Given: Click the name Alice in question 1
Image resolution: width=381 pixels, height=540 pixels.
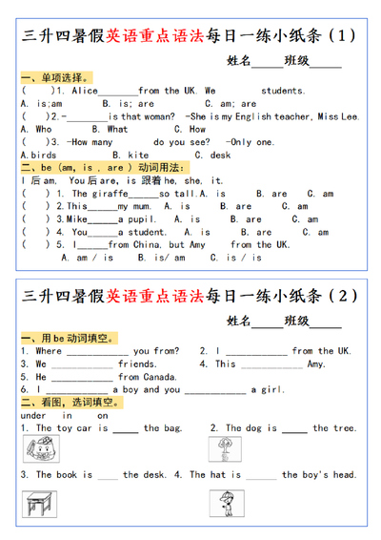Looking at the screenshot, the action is pos(86,91).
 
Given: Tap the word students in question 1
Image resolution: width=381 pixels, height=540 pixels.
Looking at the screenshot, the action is pos(283,91).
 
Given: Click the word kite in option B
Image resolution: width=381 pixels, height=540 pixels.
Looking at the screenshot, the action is pos(137,155).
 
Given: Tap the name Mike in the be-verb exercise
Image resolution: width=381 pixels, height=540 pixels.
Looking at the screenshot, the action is pos(76,218).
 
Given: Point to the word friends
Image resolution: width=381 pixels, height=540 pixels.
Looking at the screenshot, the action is pos(137,363).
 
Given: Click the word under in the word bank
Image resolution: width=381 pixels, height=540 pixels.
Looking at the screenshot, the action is pos(33,415).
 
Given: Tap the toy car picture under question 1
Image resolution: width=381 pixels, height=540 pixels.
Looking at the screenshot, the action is pos(36,449).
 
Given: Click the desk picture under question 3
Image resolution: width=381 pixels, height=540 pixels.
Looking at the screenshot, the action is pos(36,502).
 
